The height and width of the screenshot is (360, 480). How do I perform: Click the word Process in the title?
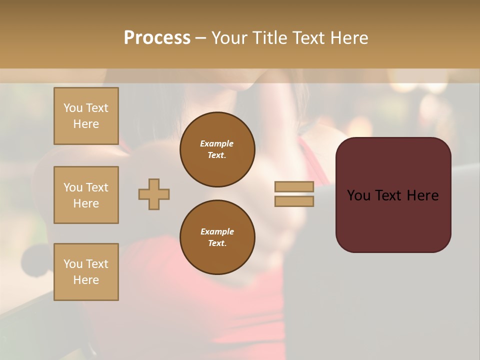157,38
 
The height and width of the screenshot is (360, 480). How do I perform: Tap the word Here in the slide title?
348,38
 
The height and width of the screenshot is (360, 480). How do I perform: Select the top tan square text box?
86,116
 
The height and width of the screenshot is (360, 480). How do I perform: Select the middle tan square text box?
86,195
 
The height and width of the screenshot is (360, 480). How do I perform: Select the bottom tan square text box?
86,272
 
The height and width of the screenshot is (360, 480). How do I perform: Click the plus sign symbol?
154,194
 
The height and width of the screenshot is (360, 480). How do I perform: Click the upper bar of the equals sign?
294,186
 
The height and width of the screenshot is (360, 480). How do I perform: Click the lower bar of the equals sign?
294,201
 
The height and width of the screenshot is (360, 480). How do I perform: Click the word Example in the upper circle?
217,143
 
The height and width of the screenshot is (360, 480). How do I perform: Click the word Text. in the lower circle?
217,243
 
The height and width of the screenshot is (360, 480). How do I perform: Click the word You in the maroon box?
358,195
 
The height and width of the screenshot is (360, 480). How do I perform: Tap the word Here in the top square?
86,124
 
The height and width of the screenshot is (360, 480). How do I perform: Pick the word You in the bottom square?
73,264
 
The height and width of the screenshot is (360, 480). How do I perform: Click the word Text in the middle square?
97,187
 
